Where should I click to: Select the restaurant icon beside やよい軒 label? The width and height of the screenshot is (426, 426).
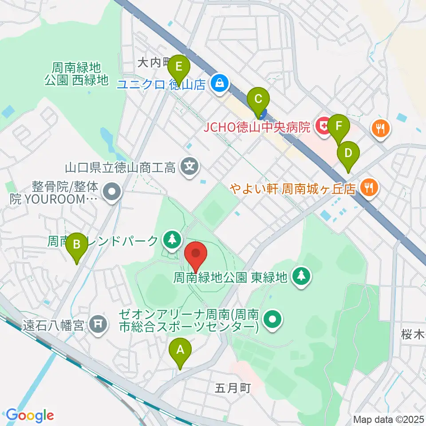[369, 187]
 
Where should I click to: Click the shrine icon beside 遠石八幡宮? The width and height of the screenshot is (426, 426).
[98, 326]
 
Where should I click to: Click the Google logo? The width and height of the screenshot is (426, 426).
[30, 415]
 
